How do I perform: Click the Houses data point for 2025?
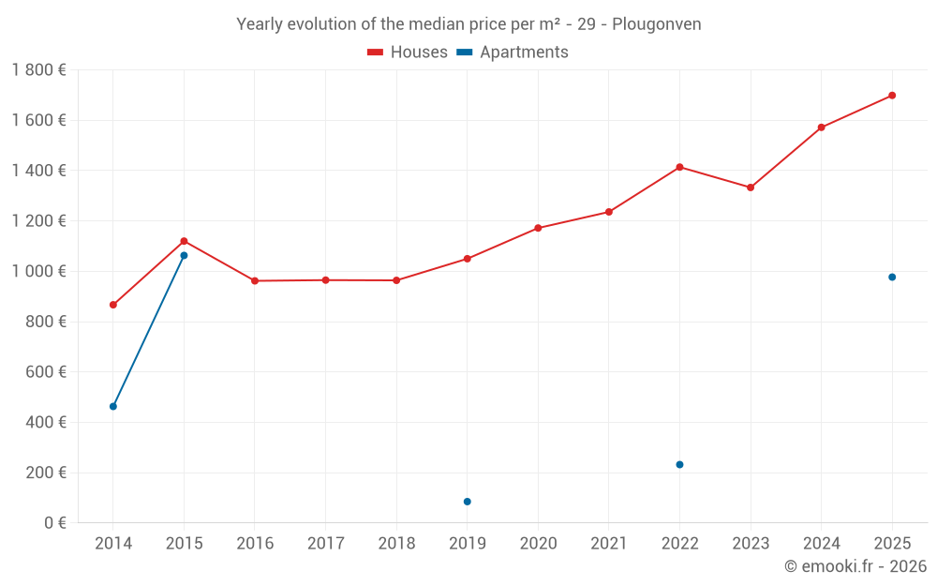892,96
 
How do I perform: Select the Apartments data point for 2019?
467,502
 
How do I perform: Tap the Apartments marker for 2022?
679,465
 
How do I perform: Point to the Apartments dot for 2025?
892,278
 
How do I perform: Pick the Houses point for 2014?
113,305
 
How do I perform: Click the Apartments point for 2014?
113,407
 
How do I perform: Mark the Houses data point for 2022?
679,167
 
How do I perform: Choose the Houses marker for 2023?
751,188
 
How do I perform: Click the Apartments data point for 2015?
184,255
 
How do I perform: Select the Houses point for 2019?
467,259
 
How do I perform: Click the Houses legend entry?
408,53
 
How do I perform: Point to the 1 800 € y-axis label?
38,70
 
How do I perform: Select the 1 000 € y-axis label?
38,272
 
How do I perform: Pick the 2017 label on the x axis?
325,544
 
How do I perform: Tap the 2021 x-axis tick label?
608,544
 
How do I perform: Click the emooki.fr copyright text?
855,566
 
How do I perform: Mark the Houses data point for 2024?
821,128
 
